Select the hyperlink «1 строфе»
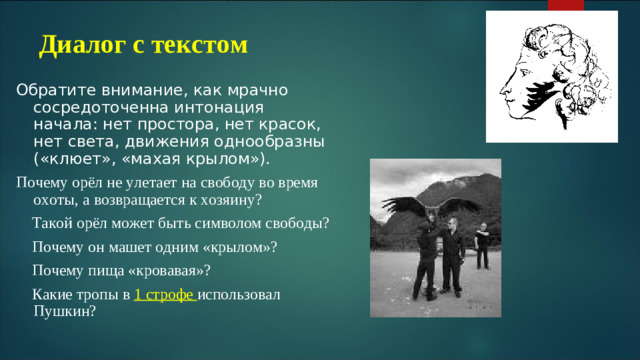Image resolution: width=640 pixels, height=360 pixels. [x=165, y=294]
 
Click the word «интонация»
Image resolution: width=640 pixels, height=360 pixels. [x=210, y=107]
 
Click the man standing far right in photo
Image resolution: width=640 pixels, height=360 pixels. [x=482, y=245]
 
